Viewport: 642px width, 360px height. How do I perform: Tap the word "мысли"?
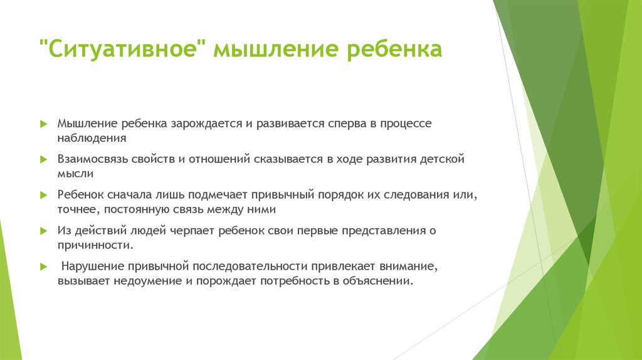click(75, 173)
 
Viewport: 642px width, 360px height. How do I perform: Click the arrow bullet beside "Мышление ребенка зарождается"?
click(43, 124)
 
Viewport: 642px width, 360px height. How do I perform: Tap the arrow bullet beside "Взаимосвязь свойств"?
click(43, 160)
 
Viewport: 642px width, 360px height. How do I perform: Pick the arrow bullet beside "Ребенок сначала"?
click(43, 196)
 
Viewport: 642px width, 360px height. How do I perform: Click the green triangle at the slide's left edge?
click(8, 301)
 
